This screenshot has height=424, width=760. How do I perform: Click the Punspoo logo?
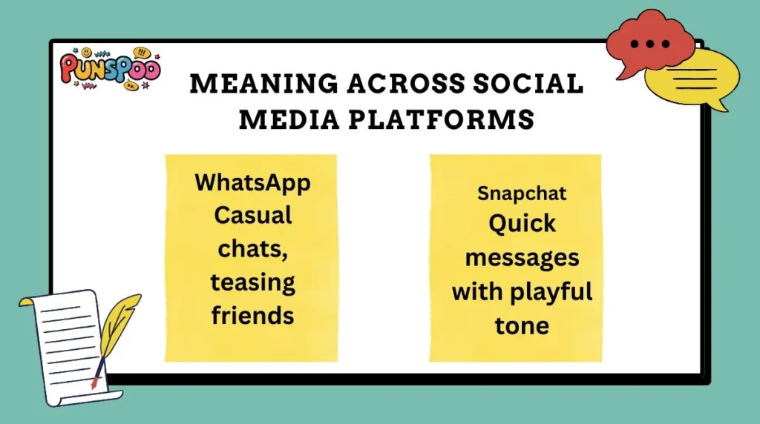click(x=110, y=71)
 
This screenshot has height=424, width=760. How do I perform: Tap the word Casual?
click(x=252, y=216)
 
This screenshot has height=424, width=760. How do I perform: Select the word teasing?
click(x=252, y=283)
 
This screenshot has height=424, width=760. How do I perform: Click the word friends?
click(x=252, y=315)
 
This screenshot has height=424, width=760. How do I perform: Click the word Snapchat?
click(x=522, y=193)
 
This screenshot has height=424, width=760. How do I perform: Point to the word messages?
click(x=522, y=258)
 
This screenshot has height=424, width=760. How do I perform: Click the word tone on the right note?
click(x=522, y=325)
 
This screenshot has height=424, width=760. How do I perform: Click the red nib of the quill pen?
click(x=94, y=384)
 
